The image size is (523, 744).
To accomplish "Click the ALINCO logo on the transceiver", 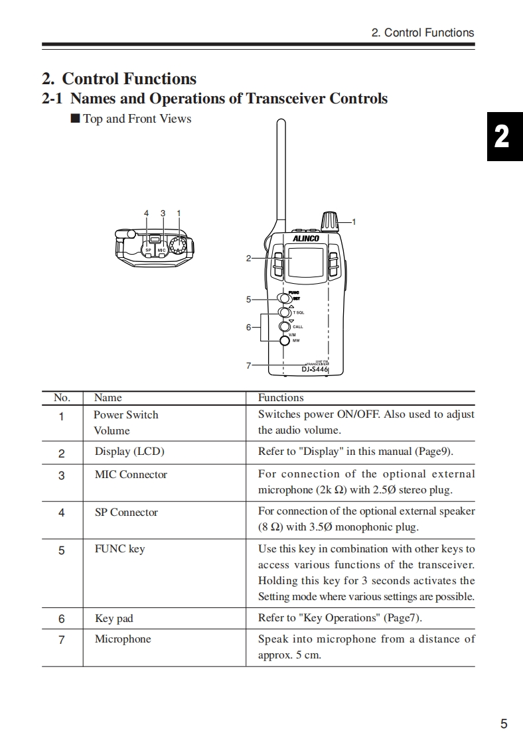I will [306, 238].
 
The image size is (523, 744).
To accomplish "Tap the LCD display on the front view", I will [307, 263].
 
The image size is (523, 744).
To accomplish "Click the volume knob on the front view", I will [329, 221].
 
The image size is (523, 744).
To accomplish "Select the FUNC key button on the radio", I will [284, 298].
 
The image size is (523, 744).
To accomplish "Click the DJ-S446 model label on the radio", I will [315, 369].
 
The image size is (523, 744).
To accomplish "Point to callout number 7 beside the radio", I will [248, 365].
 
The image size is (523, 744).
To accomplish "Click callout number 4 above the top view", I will [146, 214].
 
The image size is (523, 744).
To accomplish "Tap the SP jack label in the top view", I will [149, 250].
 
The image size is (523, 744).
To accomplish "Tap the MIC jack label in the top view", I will [161, 250].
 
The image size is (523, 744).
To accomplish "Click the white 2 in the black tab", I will [502, 137].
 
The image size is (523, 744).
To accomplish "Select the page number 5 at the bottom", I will [504, 724].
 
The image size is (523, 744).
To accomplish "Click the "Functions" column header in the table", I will [281, 398].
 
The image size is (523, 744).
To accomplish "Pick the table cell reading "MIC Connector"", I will [131, 475].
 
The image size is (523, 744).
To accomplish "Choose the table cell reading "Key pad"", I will [113, 619].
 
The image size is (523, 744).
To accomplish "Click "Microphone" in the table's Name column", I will [123, 639].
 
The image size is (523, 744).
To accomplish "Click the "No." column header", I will [62, 398].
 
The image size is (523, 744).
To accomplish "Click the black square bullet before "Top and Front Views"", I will [75, 119].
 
